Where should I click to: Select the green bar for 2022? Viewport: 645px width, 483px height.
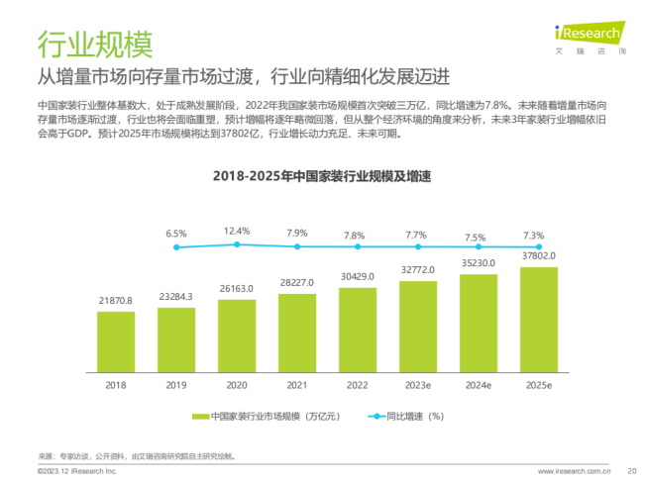tap(357, 328)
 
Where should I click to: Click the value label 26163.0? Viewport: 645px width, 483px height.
tap(236, 288)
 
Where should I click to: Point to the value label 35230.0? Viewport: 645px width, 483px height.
tap(479, 264)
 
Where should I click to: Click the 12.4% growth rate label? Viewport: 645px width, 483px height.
tap(236, 231)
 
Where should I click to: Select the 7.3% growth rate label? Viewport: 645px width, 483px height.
tap(533, 236)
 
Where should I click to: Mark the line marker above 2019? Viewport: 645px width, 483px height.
tap(176, 247)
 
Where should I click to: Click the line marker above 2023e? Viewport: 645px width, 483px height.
tap(417, 246)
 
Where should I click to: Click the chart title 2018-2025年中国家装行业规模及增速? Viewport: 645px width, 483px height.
tap(323, 176)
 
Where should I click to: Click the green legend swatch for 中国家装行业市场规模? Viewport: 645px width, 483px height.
tap(199, 417)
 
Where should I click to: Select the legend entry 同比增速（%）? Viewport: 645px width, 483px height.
tap(406, 417)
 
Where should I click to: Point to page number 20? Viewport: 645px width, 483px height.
tap(631, 471)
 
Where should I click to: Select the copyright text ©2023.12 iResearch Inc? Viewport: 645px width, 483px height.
tap(76, 471)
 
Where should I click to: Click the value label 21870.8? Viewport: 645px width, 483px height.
tap(116, 300)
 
